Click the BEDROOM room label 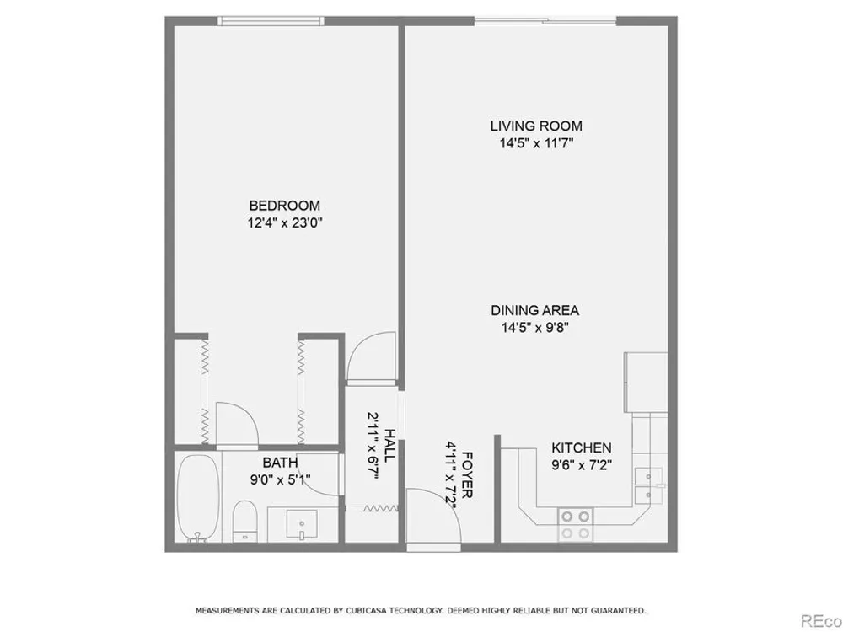click(x=284, y=206)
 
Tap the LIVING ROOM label click(x=536, y=126)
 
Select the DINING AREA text click(x=535, y=310)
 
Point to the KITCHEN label click(x=581, y=447)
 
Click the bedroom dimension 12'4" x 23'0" click(x=284, y=222)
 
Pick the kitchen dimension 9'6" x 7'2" click(x=581, y=465)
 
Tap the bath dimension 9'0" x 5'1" click(x=280, y=479)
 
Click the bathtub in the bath click(x=198, y=497)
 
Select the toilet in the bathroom click(x=245, y=521)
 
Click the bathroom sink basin click(x=302, y=524)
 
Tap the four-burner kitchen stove click(x=576, y=524)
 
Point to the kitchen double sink click(x=648, y=485)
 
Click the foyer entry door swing click(x=433, y=516)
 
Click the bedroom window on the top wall click(x=271, y=21)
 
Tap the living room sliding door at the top click(x=545, y=21)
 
